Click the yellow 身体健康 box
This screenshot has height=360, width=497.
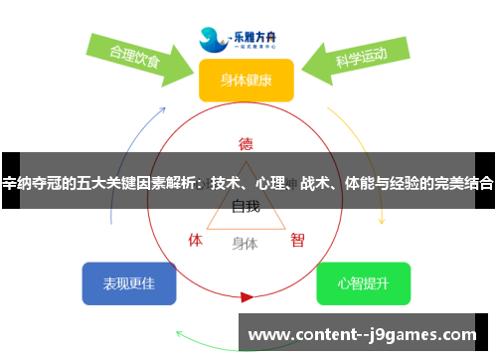tap(246, 80)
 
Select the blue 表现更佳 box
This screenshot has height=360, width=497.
tap(129, 283)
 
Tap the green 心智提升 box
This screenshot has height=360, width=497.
tap(363, 283)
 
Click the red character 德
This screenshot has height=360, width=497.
tap(246, 142)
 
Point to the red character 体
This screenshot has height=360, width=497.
tap(196, 240)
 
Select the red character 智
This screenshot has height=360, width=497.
tap(297, 240)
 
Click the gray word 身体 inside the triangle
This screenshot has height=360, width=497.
tap(245, 243)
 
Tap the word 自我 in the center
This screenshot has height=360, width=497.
tap(246, 207)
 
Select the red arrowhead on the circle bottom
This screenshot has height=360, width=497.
tap(247, 296)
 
